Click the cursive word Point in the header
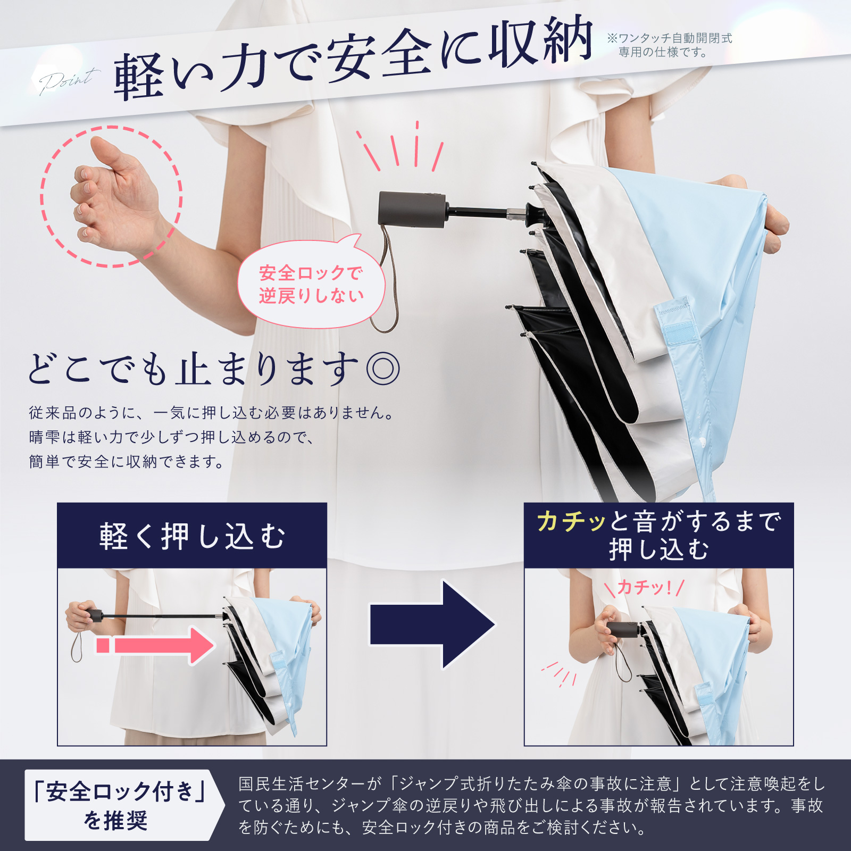pyautogui.click(x=68, y=81)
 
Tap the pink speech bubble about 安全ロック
pyautogui.click(x=312, y=282)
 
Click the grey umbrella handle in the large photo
pyautogui.click(x=412, y=210)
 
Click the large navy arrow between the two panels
pyautogui.click(x=432, y=624)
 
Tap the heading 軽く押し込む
pyautogui.click(x=192, y=536)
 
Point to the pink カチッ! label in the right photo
pyautogui.click(x=644, y=588)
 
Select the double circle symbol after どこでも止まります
pyautogui.click(x=382, y=368)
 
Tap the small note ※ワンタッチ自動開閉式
pyautogui.click(x=670, y=38)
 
